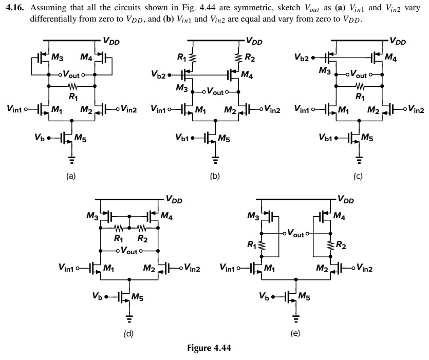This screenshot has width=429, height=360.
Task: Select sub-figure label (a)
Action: [x=70, y=177]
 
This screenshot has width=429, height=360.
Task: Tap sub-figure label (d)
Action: [x=128, y=334]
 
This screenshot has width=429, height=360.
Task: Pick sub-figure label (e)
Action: [x=295, y=334]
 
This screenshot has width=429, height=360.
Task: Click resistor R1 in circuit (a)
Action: [x=72, y=86]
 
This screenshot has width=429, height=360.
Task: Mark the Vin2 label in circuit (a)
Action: [x=125, y=109]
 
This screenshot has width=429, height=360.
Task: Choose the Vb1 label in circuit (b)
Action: [x=184, y=138]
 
